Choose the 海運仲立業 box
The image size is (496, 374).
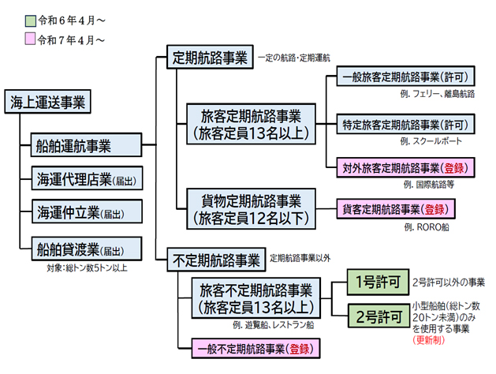84,213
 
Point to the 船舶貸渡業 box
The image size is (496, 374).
84,249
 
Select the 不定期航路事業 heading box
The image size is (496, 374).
214,259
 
